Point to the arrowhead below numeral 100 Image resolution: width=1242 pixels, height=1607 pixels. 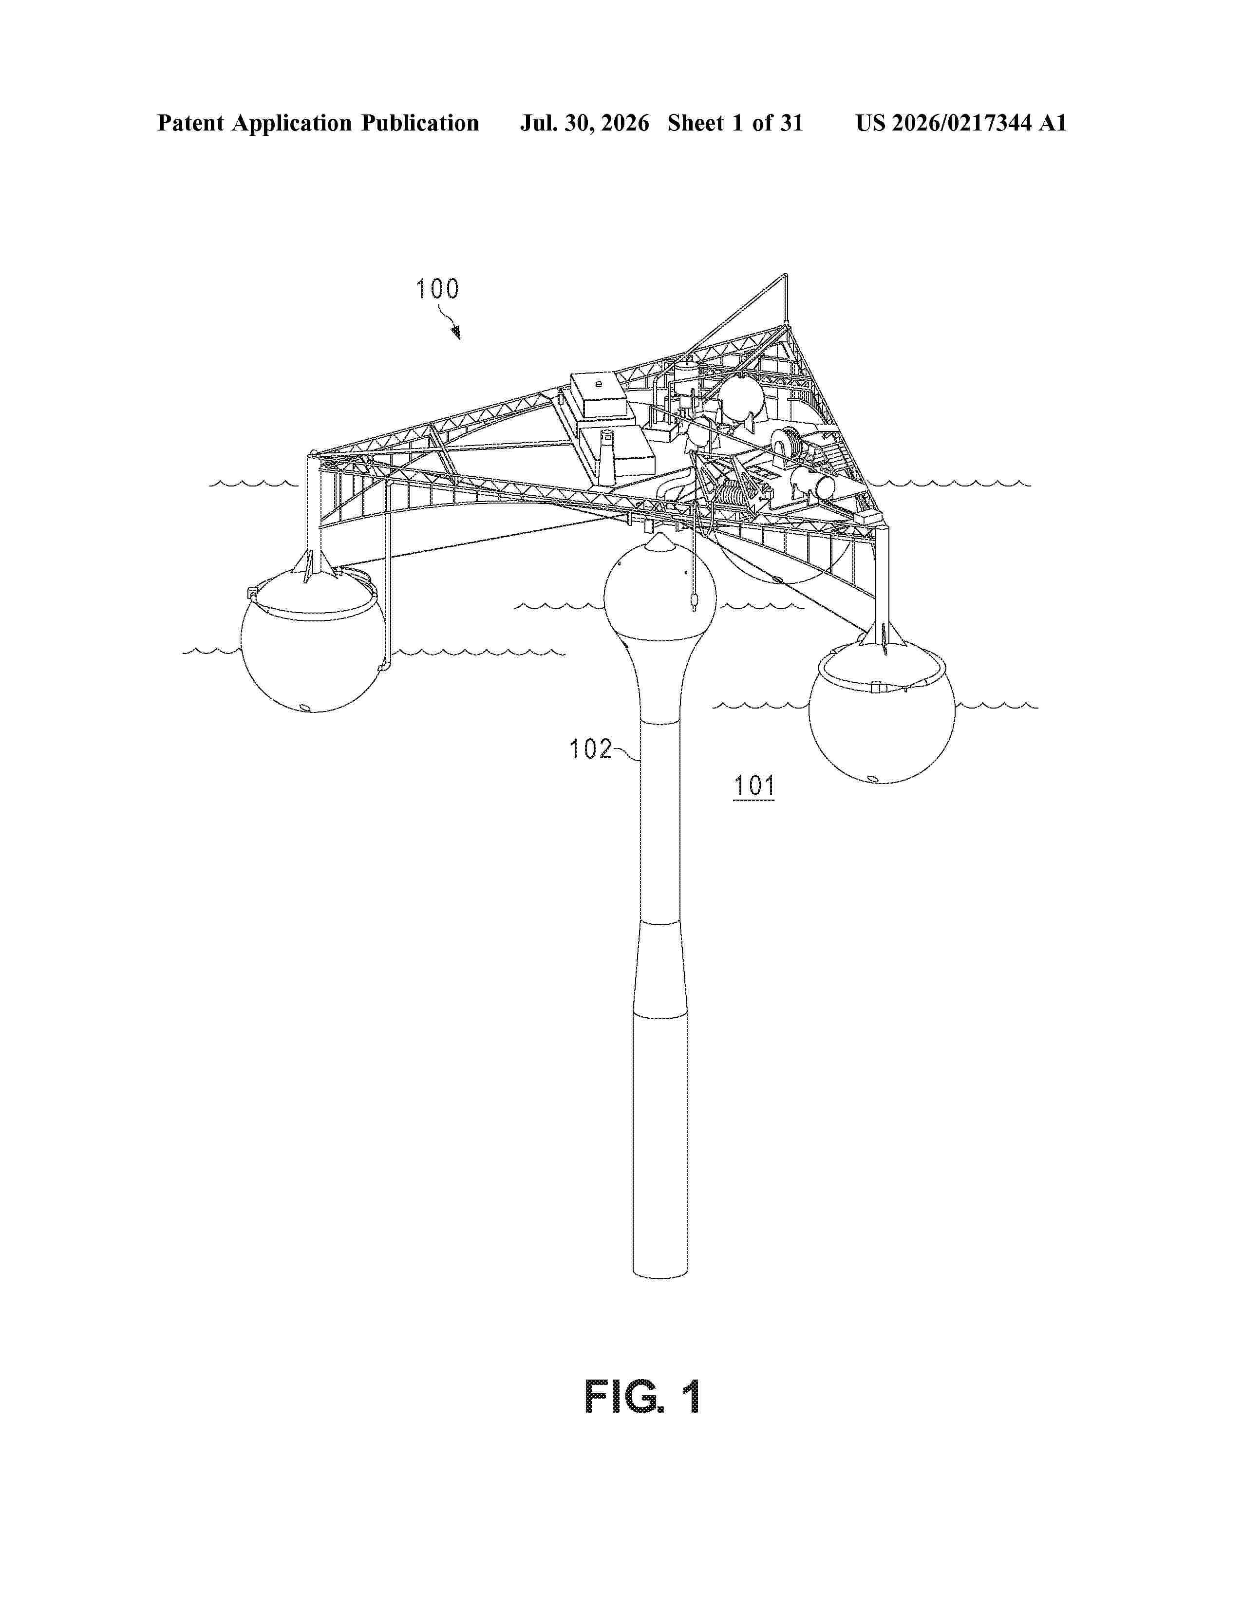pos(456,333)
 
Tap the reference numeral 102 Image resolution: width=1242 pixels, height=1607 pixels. pos(590,749)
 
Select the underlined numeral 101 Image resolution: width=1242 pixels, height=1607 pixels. pos(754,786)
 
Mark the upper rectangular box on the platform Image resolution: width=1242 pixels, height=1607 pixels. pos(598,394)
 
